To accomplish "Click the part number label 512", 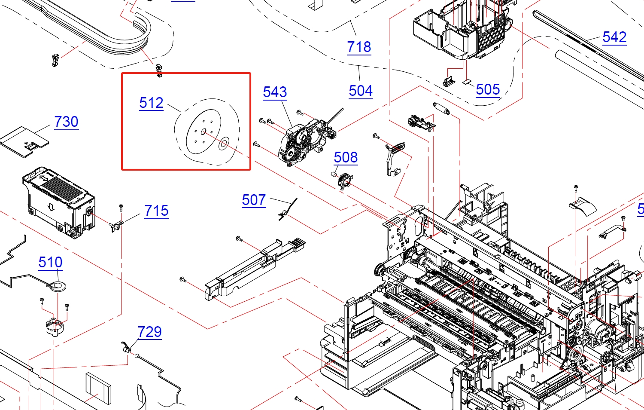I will [x=151, y=103].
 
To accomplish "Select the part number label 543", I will [x=275, y=92].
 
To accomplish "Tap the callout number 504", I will [x=361, y=91].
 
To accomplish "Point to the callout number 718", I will [x=359, y=47].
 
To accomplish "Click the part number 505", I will [x=488, y=90].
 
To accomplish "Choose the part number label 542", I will [x=614, y=37].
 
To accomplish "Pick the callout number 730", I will [x=66, y=122].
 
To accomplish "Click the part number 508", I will [x=346, y=158].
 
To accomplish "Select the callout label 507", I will [x=254, y=200].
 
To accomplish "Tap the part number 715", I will [x=156, y=211].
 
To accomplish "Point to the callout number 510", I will [x=50, y=263].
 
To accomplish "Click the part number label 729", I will [x=149, y=332].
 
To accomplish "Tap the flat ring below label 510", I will [x=57, y=285].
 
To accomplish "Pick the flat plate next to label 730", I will [x=25, y=141].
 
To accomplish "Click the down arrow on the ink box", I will [x=51, y=208].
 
